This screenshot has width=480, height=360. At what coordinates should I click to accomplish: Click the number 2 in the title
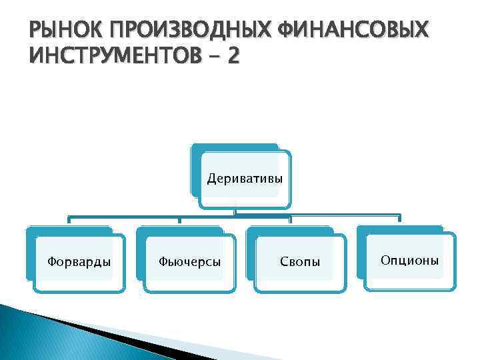[231, 56]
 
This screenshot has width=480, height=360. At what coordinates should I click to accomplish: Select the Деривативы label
[245, 179]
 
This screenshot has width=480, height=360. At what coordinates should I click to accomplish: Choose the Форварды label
[79, 261]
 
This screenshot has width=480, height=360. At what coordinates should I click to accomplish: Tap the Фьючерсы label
[190, 261]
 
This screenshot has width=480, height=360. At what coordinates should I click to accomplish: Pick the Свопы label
[300, 262]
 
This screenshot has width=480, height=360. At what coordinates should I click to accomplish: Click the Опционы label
[409, 259]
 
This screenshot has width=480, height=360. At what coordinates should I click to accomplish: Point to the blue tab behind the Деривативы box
[233, 147]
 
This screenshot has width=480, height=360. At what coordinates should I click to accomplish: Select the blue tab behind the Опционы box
[400, 229]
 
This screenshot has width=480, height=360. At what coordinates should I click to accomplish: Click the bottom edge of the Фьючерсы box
[190, 291]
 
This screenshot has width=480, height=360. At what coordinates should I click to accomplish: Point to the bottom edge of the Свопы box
[301, 291]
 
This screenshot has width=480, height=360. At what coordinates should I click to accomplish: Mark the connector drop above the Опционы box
[399, 219]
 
